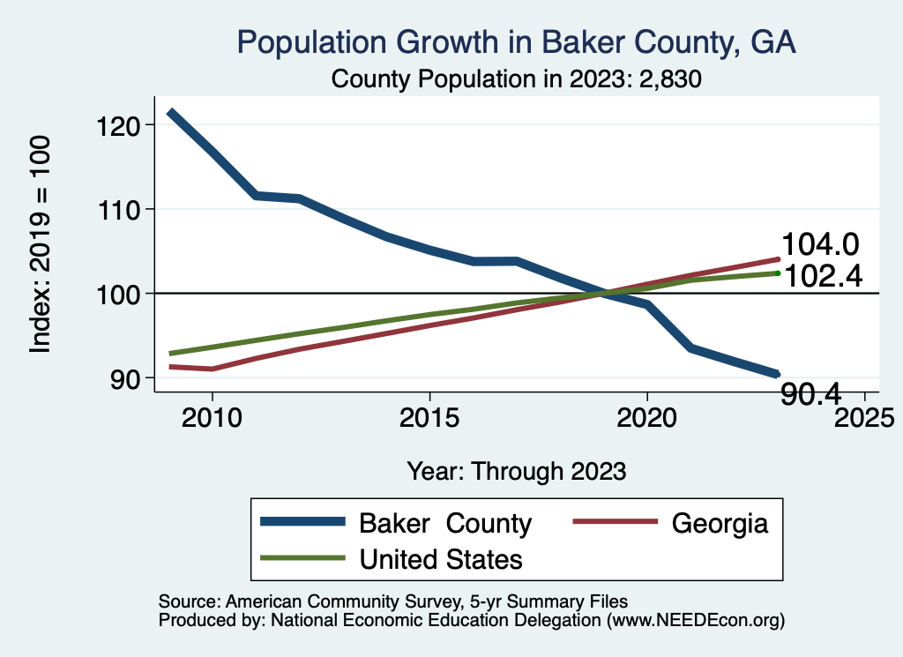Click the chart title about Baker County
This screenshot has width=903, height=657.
[516, 42]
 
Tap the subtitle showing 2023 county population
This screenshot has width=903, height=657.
[516, 79]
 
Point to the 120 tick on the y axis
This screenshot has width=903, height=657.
[120, 125]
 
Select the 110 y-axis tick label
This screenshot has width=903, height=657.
[120, 209]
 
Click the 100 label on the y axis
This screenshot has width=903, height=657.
[120, 293]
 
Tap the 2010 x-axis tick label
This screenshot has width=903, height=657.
[212, 416]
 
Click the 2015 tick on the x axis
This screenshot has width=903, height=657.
[429, 416]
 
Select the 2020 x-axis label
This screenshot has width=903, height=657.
[647, 416]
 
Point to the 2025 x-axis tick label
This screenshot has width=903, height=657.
[864, 416]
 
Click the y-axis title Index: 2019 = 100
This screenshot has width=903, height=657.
[41, 244]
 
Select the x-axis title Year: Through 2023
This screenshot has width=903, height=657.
[516, 471]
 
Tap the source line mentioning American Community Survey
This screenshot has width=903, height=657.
[393, 601]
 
